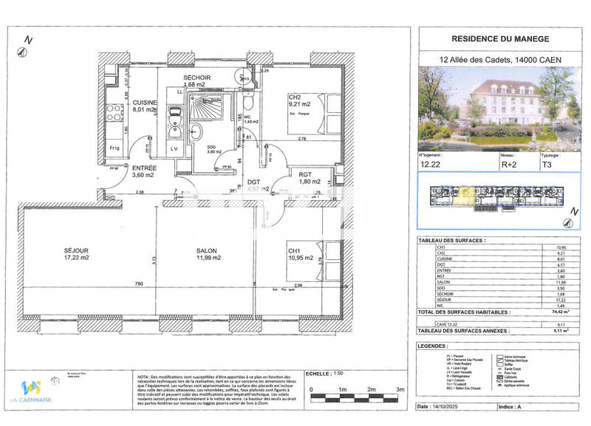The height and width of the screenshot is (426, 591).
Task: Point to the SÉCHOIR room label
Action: point(197,79)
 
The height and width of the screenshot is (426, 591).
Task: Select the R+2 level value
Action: point(510,166)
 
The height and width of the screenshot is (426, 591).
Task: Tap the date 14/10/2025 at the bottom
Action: point(450,407)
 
